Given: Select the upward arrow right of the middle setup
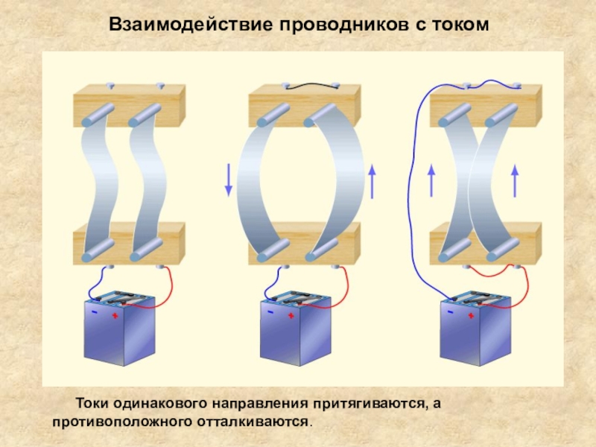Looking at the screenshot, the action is click(x=372, y=180).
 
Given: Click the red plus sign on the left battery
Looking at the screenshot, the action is click(x=115, y=315).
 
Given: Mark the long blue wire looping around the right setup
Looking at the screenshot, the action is click(x=412, y=186).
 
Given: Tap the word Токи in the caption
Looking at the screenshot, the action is click(x=92, y=404).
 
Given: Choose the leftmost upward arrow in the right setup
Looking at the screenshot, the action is click(x=431, y=181).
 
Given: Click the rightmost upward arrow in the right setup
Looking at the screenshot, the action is click(x=514, y=181).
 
